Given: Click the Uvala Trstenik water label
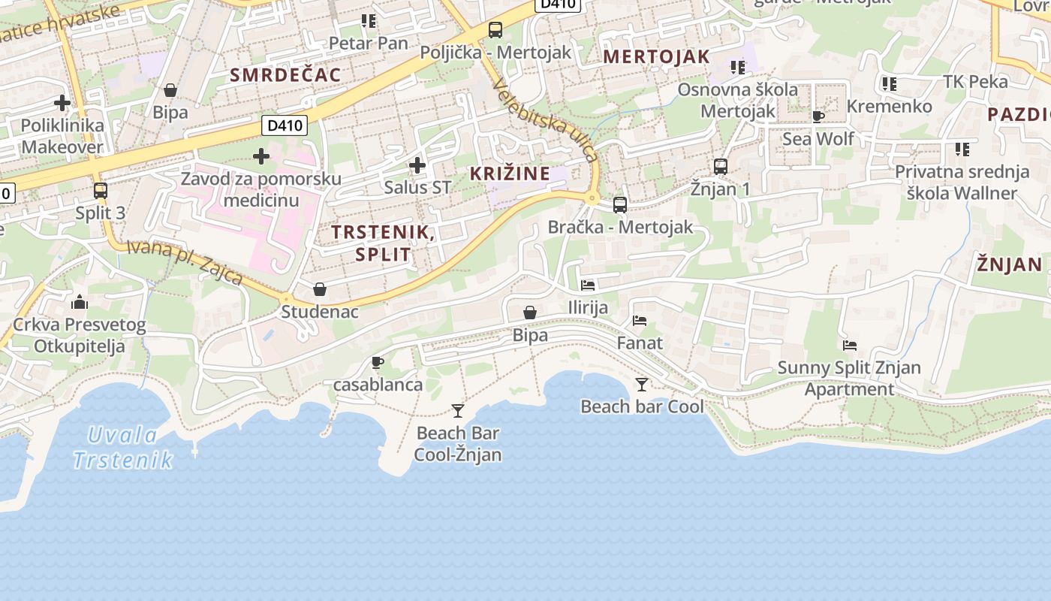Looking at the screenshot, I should [123, 447].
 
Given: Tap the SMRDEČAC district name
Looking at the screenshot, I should [285, 74].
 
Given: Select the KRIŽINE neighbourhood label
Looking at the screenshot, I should [510, 174].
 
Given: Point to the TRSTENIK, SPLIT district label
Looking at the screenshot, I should [383, 243].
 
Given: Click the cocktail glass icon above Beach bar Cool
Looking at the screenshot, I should [642, 385].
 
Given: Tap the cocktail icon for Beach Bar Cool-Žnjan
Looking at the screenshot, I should [458, 411].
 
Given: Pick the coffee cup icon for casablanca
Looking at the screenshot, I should [378, 363].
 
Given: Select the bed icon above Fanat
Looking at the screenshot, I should [640, 321].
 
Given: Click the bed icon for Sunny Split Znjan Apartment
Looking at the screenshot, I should [850, 346].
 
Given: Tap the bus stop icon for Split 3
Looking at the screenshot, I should [101, 191].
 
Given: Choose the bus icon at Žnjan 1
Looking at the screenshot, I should [721, 167].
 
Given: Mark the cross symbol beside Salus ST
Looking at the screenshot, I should [417, 165].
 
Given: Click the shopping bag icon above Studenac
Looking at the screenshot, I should [320, 289].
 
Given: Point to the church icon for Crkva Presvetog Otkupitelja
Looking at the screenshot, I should [79, 303].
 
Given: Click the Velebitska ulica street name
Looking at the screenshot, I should [546, 120].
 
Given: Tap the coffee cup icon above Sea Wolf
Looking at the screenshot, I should [818, 116].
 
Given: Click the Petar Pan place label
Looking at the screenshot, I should [369, 43].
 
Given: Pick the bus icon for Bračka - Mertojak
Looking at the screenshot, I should [620, 204].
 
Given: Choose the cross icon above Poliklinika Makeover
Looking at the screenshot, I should [62, 103].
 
